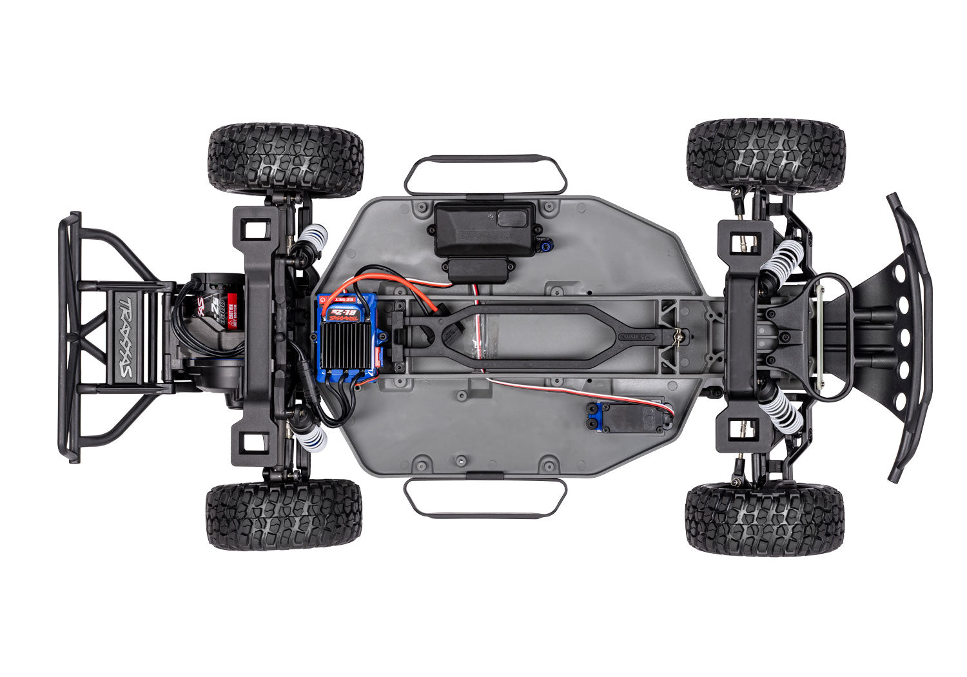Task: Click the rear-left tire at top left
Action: click(x=286, y=160)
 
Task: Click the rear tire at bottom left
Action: click(x=284, y=514)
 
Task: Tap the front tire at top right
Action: click(x=765, y=155)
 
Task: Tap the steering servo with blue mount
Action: click(x=629, y=416)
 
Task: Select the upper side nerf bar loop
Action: click(x=485, y=174)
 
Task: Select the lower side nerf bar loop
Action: click(x=485, y=498)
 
